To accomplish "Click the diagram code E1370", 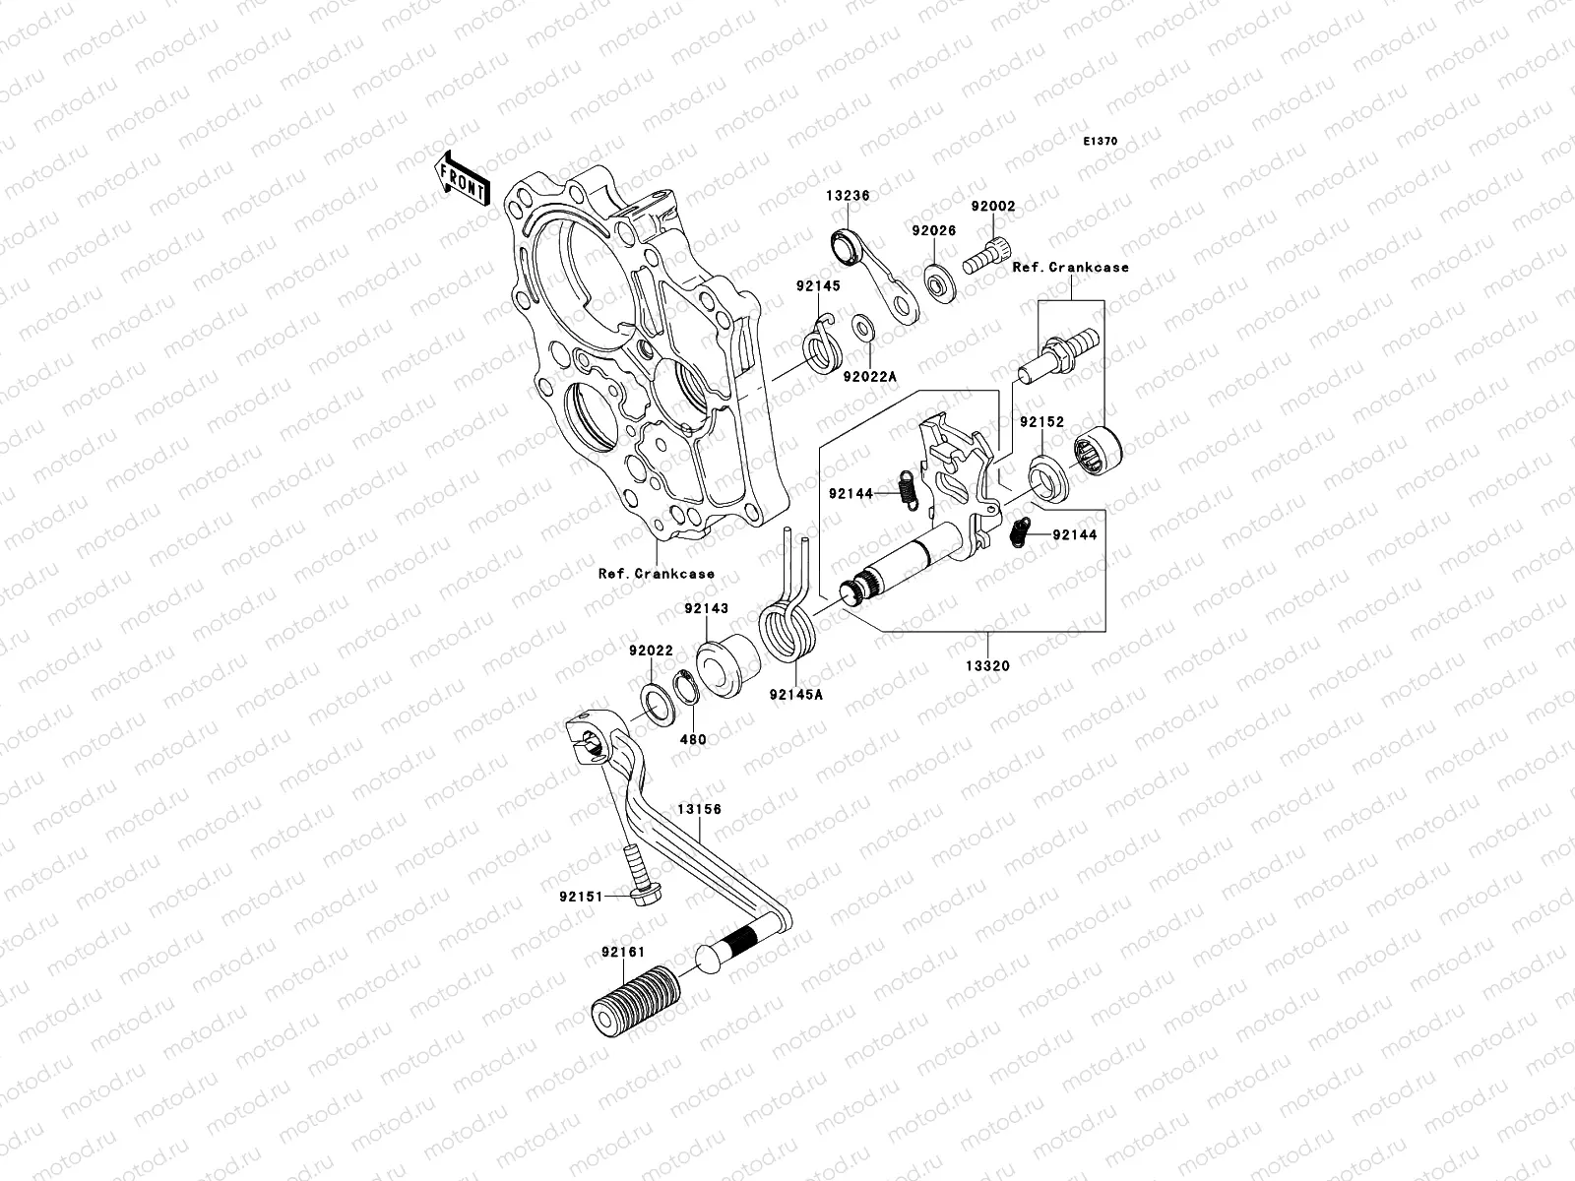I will tap(1101, 142).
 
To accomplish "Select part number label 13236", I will tap(848, 196).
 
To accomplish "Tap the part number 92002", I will tap(992, 208).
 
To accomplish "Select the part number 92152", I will tap(1041, 421).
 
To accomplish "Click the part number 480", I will tap(694, 739).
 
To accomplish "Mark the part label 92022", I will tap(651, 651).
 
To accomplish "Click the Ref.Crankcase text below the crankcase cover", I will tap(656, 574).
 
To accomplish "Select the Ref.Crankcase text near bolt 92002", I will tap(1071, 267).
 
